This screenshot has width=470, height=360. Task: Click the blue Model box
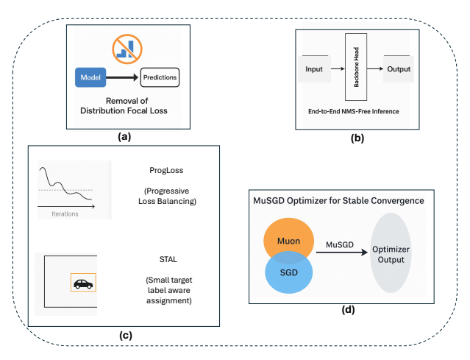[90, 77]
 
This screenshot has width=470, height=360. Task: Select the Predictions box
[160, 77]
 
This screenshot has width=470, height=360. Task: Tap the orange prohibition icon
[127, 49]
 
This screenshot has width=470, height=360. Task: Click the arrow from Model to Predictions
[122, 77]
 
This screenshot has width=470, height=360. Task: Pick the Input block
[314, 69]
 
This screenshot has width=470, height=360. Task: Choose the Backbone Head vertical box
[356, 67]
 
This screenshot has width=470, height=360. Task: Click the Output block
[399, 69]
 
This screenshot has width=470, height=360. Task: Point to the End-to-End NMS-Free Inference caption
[353, 111]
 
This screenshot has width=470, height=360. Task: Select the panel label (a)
[124, 137]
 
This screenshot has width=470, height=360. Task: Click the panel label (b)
[357, 138]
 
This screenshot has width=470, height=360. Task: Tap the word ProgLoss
[166, 170]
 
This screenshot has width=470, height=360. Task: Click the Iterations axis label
[65, 214]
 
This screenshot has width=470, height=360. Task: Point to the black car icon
[83, 283]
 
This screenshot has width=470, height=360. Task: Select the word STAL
[168, 259]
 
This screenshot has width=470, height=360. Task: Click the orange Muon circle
[288, 238]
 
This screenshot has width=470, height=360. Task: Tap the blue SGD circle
[288, 275]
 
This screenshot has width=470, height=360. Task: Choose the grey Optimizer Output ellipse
[391, 253]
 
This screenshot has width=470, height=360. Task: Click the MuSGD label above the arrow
[340, 245]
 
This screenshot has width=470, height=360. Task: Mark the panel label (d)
[348, 309]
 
